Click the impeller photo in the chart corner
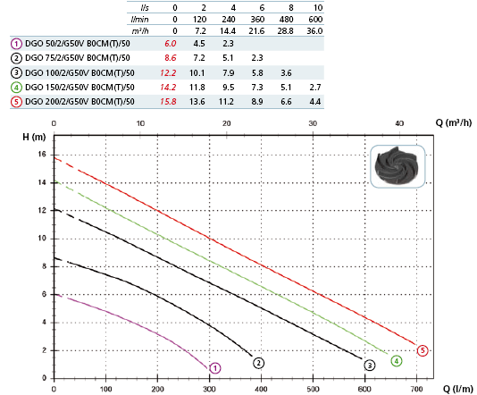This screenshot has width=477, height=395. pos(397,166)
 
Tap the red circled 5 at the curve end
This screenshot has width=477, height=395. pos(423,350)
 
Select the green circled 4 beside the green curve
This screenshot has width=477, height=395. pos(397,361)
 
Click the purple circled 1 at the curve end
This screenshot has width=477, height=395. pos(215,368)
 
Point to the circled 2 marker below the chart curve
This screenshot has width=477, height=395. pos(258,363)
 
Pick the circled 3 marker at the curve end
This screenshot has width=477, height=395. pos(370,366)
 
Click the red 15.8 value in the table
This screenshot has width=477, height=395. pos(168,101)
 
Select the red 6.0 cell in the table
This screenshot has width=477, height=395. pos(171,44)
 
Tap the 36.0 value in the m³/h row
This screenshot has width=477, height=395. pos(314,31)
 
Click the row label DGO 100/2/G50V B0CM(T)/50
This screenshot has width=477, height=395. pos(79,73)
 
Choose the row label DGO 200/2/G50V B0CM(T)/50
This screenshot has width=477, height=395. pos(79,101)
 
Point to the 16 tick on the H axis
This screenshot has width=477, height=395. pos(42,155)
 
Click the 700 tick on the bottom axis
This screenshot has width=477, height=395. pos(416,389)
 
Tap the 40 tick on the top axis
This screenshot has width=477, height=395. pos(399,123)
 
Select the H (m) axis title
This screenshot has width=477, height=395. pos(34,137)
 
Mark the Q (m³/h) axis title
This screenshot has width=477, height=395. pos(454,122)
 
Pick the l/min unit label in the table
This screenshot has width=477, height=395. pos(139,20)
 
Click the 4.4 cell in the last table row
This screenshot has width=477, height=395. pos(315,101)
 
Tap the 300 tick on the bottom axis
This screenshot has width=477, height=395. pos(209,389)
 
